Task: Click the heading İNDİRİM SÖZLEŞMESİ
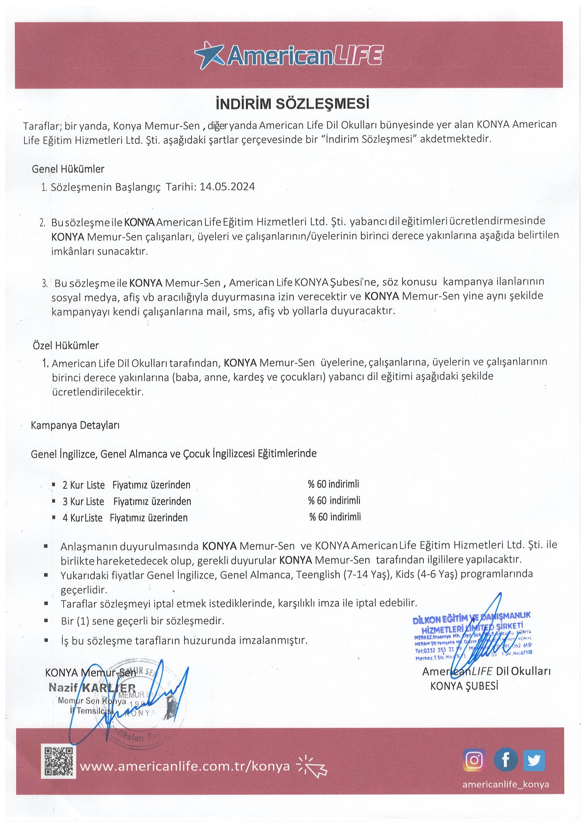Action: click(x=292, y=103)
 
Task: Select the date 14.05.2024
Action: click(x=227, y=187)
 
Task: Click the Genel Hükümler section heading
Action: click(x=68, y=169)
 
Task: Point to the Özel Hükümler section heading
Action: click(x=65, y=345)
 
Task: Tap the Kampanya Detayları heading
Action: click(x=75, y=425)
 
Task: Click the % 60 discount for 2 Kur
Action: click(x=333, y=484)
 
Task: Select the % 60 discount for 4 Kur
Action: click(x=335, y=517)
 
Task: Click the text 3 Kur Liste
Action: click(x=83, y=501)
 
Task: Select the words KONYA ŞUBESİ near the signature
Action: click(x=464, y=686)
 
